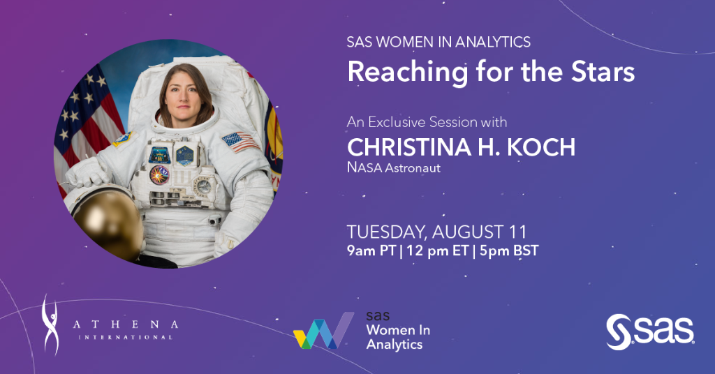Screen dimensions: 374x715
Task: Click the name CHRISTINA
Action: click(x=408, y=147)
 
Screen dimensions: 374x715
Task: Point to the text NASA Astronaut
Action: click(x=394, y=168)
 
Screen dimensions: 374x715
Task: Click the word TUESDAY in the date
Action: click(x=388, y=232)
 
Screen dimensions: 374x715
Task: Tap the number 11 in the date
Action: click(x=517, y=232)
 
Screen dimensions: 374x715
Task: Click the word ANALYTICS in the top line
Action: click(x=493, y=42)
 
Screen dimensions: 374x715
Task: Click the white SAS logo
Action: click(x=649, y=331)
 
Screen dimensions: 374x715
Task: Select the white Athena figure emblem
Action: click(x=51, y=324)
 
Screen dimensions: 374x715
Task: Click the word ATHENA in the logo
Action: click(x=126, y=324)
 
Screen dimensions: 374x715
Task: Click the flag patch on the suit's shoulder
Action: click(x=238, y=142)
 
